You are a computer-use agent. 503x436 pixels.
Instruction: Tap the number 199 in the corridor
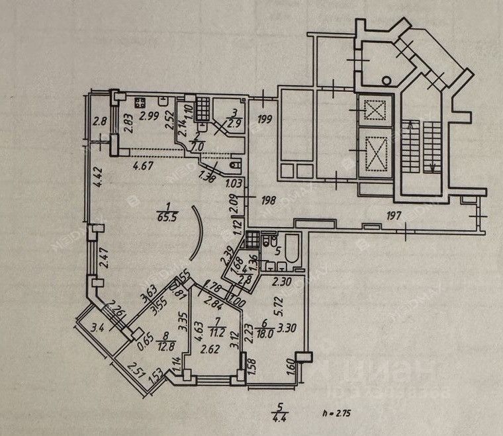click(265, 120)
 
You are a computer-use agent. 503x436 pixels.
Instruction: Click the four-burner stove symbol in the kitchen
click(140, 103)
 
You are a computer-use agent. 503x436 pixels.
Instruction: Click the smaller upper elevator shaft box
click(375, 110)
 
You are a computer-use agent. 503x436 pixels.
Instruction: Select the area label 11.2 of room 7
click(212, 334)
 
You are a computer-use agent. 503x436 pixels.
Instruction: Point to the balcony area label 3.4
click(98, 326)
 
